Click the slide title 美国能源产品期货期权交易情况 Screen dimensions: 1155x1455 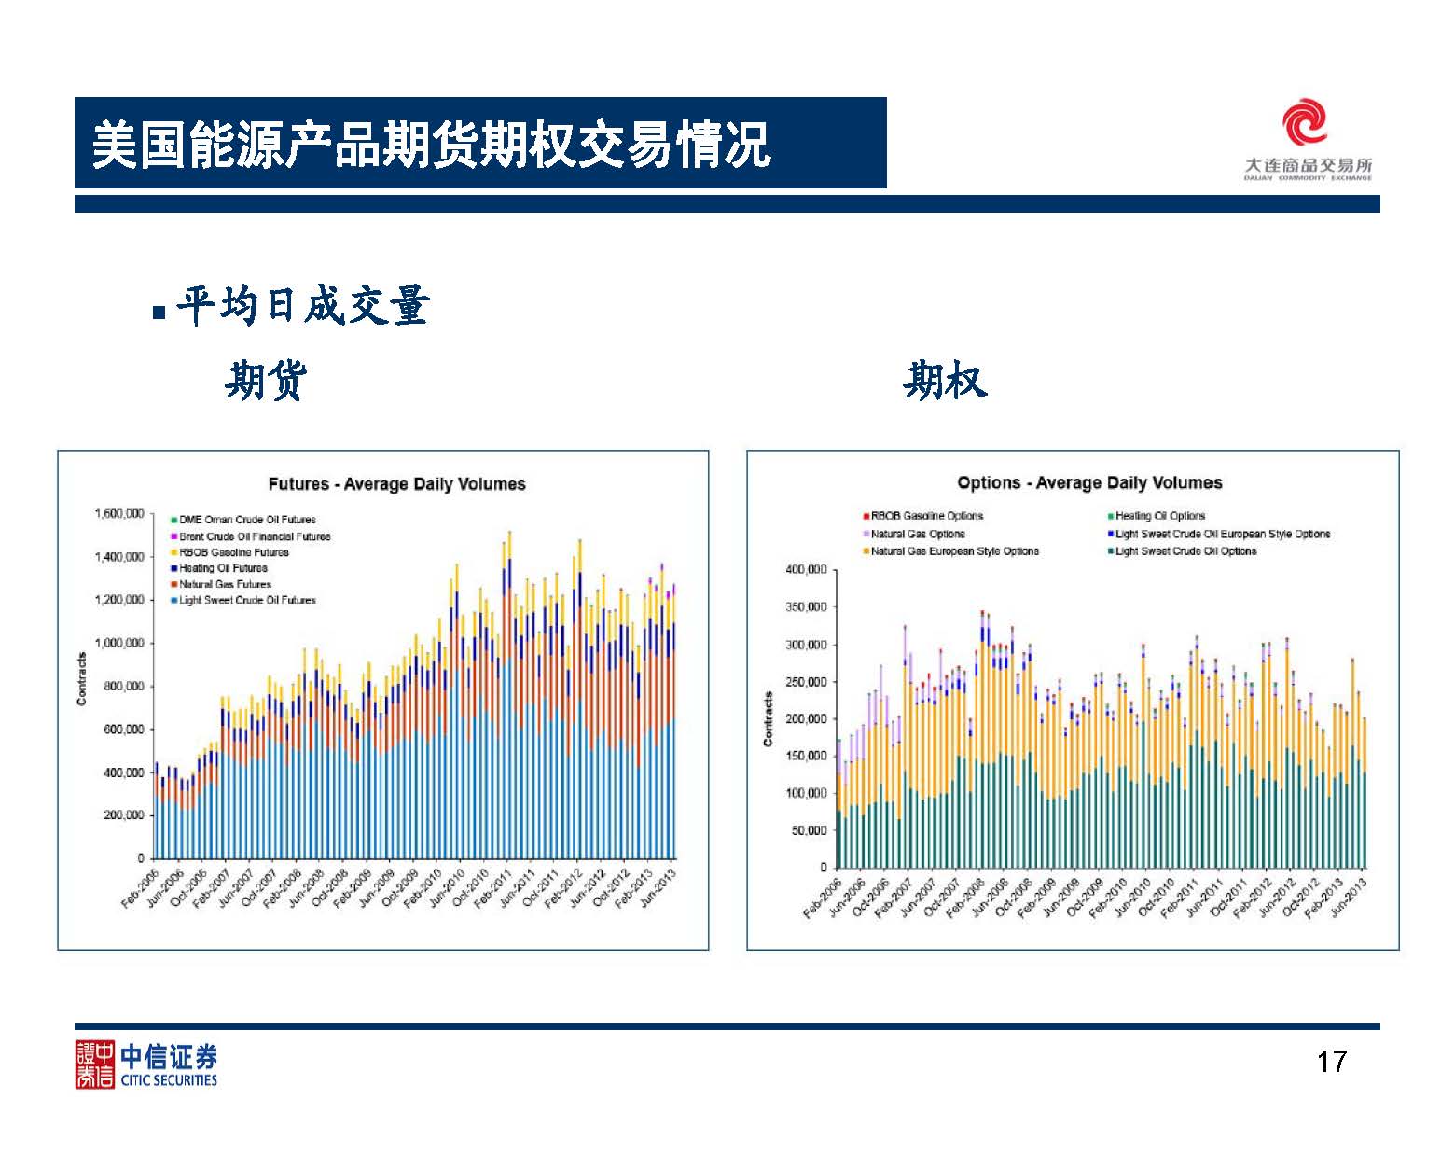tap(431, 145)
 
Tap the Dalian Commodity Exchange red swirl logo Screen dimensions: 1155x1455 tap(1304, 124)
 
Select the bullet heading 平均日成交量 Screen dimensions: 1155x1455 tap(302, 306)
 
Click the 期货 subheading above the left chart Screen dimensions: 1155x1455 tap(266, 381)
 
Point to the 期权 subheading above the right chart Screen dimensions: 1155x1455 tap(945, 381)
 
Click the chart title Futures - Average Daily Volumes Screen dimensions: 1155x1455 tap(396, 484)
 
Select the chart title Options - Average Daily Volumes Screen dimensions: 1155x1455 tap(1089, 482)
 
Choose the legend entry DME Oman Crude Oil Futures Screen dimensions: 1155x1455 tap(247, 520)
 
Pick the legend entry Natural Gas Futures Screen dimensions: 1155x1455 tap(225, 584)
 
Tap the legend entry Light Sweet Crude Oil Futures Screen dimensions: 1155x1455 tap(247, 600)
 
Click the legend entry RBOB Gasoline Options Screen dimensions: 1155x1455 tap(926, 516)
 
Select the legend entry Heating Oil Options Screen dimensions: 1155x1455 tap(1160, 516)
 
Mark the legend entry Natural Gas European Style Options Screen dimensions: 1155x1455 tap(954, 551)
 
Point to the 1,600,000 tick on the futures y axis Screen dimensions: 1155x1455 tap(119, 514)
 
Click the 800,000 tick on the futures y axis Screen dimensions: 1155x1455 tap(124, 687)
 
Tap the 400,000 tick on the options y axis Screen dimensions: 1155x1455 tap(806, 569)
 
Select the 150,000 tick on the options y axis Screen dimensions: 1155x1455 tap(806, 756)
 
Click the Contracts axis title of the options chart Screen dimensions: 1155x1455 tap(769, 718)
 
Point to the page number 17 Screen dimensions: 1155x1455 tap(1332, 1062)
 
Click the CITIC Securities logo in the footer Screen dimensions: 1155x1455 tap(146, 1065)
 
